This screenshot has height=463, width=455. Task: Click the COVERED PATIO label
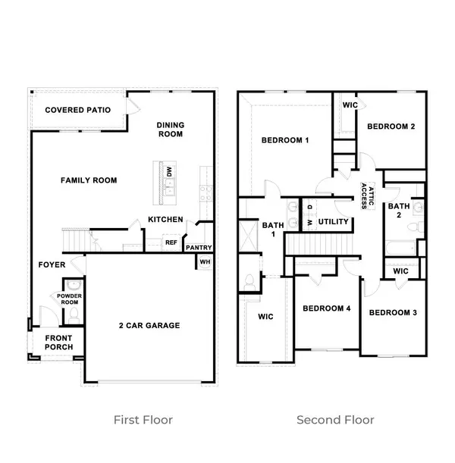[77, 110]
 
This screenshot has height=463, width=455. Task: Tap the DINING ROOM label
[171, 130]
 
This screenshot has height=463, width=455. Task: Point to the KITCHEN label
[165, 219]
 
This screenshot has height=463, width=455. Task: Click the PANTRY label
[199, 247]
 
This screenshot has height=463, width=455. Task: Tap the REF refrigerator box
[171, 242]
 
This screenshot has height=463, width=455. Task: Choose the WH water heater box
[204, 262]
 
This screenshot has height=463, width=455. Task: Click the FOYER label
[52, 264]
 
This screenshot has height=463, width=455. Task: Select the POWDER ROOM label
[69, 297]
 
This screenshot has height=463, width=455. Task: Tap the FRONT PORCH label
[58, 342]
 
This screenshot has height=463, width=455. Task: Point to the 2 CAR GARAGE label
[149, 325]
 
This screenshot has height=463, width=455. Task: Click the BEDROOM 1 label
[284, 140]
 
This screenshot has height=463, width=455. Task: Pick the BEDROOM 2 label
[391, 127]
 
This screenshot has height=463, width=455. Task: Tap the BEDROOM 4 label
[326, 308]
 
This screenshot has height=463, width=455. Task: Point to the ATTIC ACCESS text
[367, 196]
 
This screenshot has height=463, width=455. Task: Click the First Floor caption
[143, 419]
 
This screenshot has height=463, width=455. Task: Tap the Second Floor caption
[335, 419]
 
